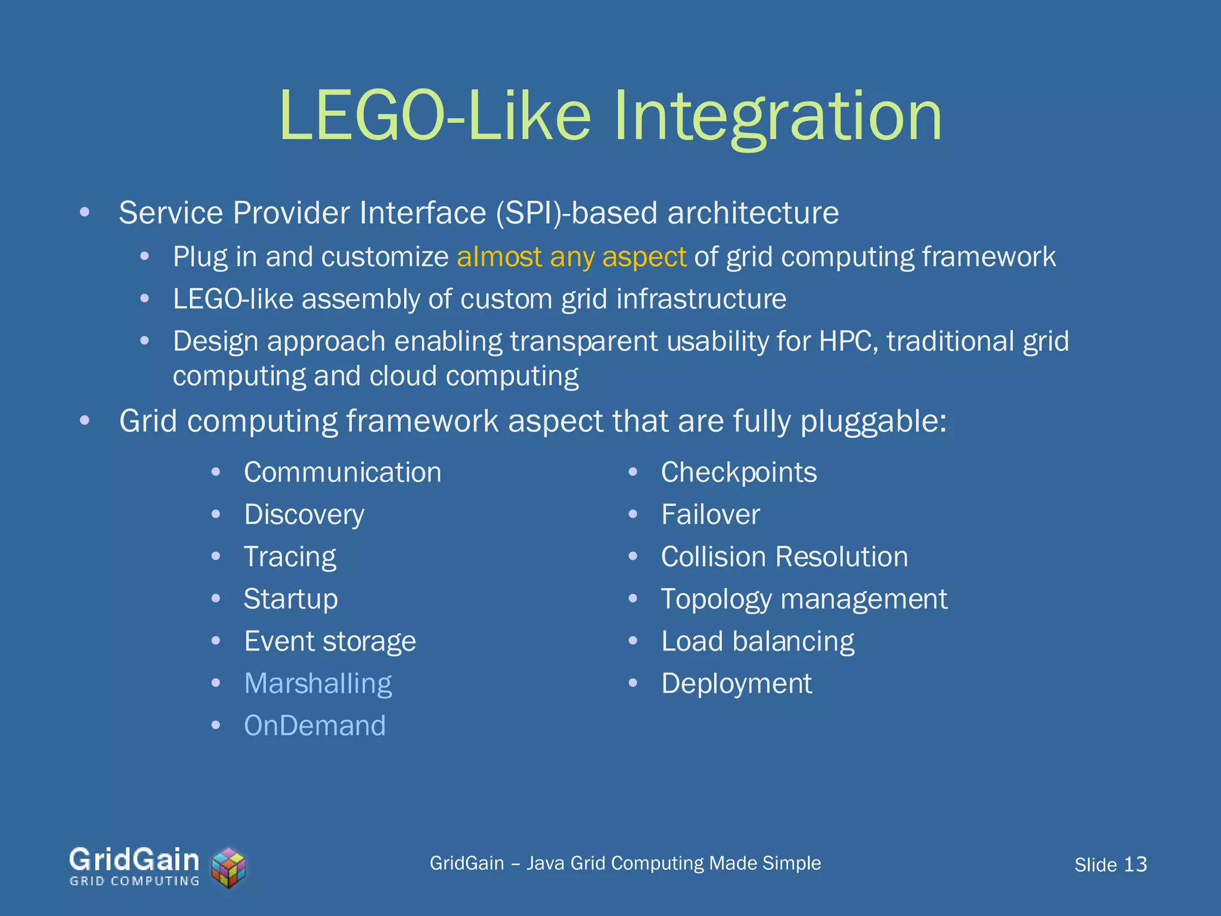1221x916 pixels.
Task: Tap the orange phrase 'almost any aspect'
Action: [571, 258]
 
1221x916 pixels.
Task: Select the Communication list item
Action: [343, 473]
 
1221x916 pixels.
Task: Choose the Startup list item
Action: [290, 599]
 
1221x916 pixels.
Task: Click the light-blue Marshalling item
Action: [318, 684]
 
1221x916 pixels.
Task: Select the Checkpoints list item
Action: [739, 473]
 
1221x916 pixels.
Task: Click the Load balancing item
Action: [757, 642]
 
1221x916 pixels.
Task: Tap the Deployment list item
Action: [736, 684]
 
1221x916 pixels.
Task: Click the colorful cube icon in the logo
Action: [229, 868]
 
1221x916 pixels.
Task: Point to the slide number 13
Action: [1135, 865]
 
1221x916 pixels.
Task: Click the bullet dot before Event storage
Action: [216, 642]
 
